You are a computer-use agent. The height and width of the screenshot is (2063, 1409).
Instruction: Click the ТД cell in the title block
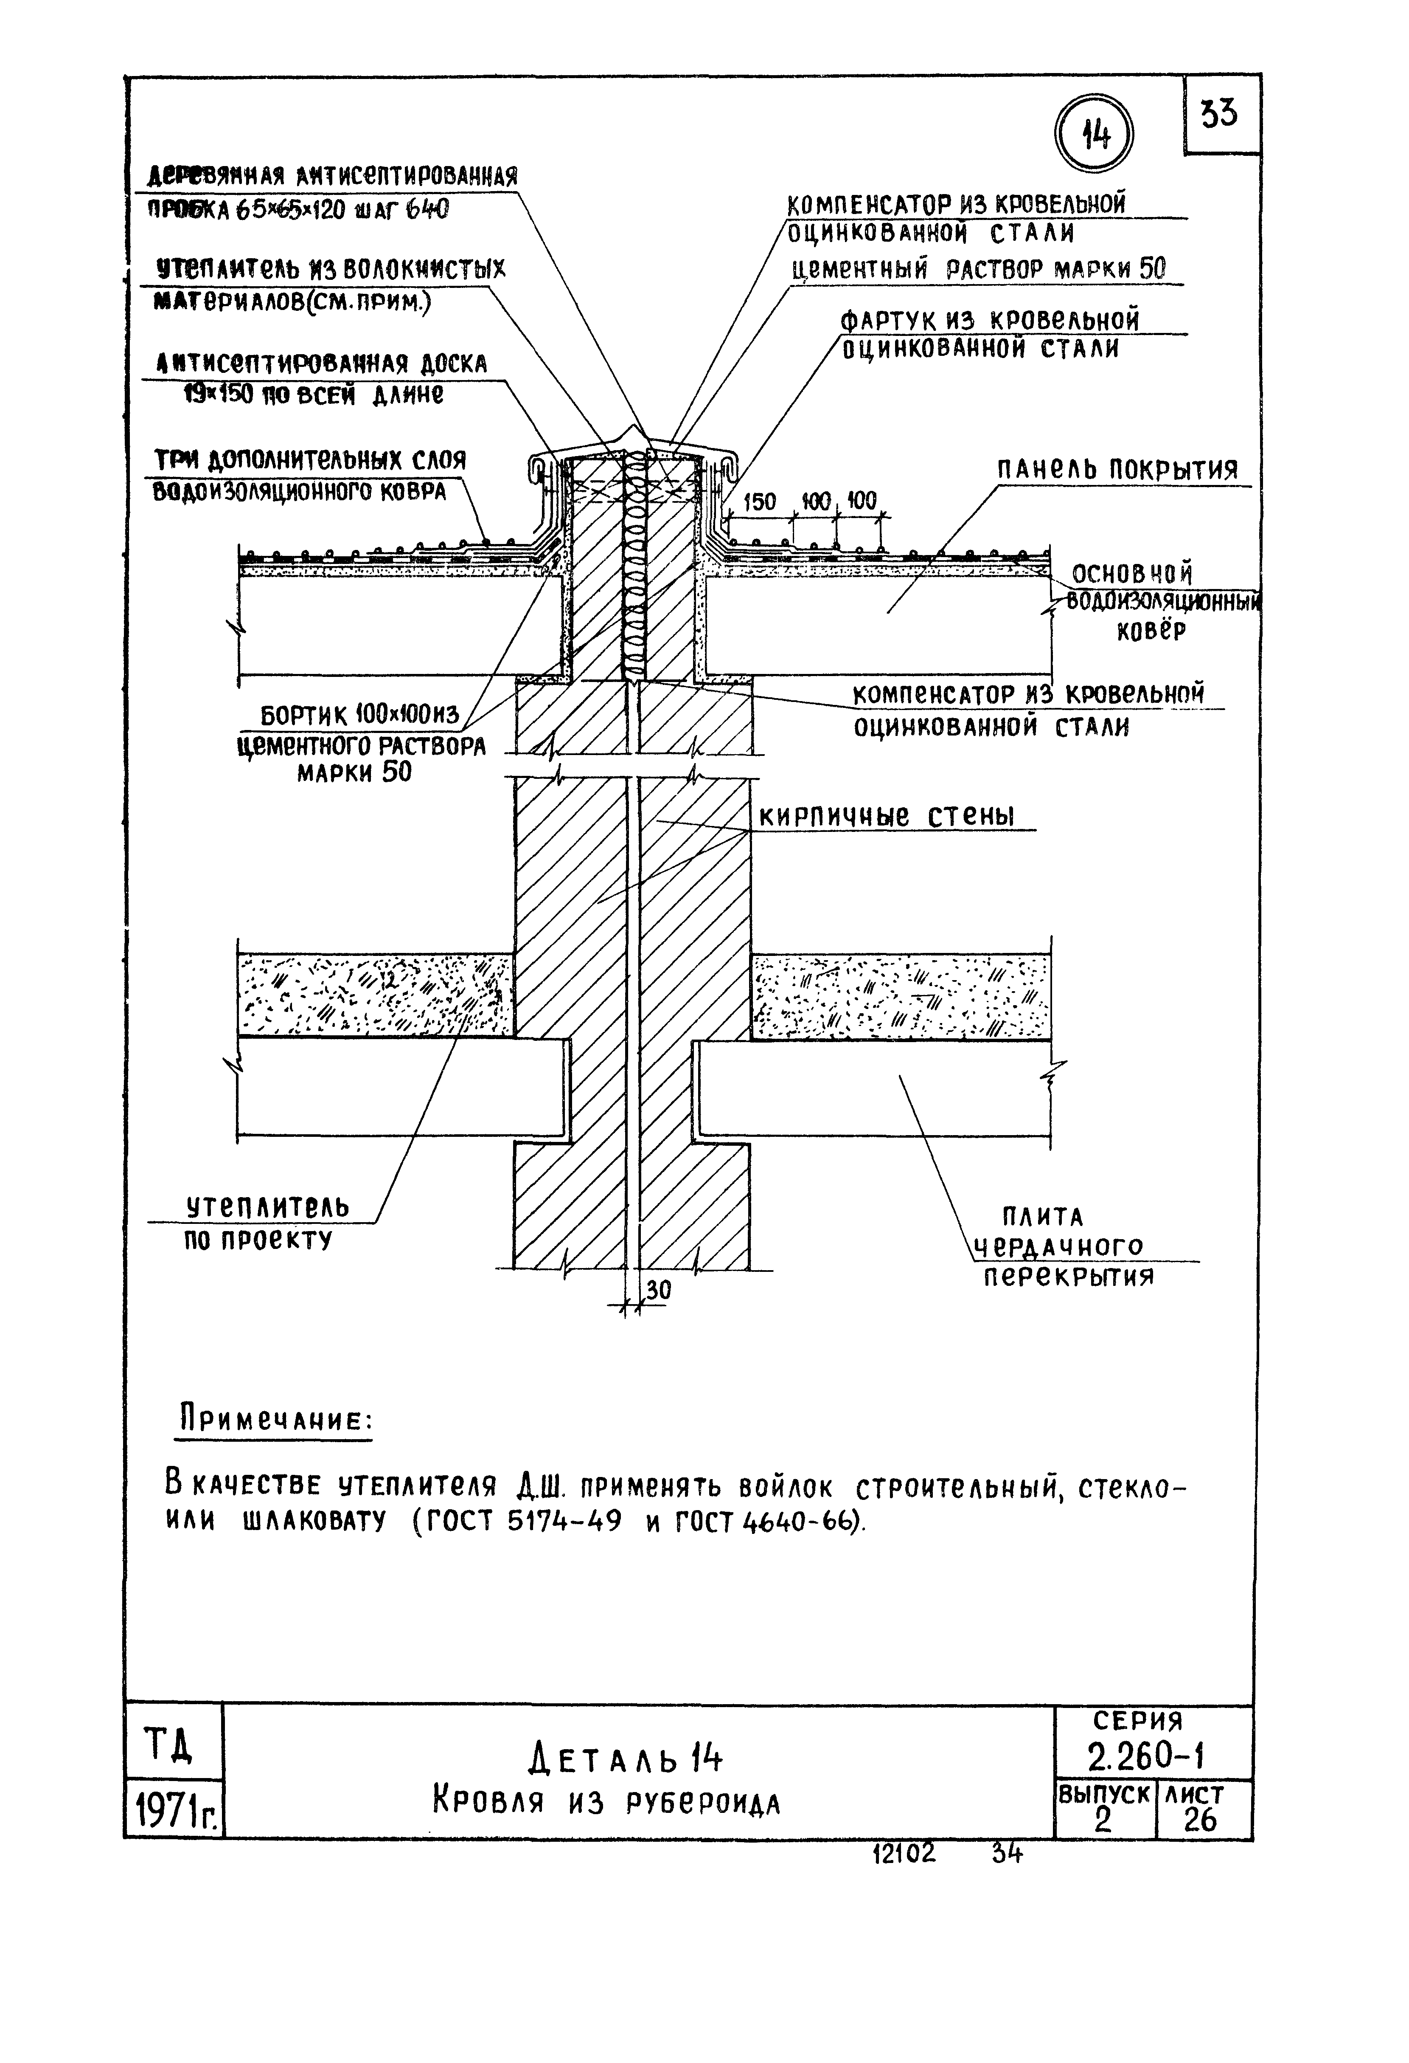point(171,1746)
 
